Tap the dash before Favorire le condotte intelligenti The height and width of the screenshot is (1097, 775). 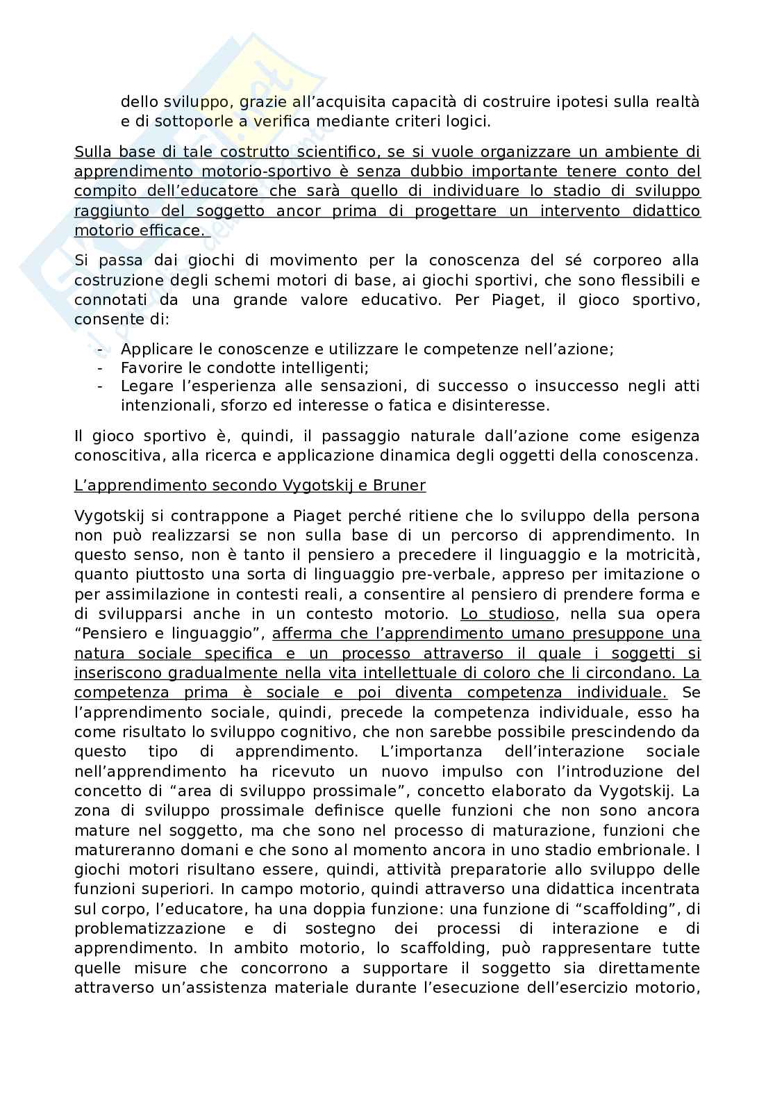(101, 368)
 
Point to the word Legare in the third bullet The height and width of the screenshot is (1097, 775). (142, 386)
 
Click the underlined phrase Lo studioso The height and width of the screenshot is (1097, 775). (508, 614)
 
